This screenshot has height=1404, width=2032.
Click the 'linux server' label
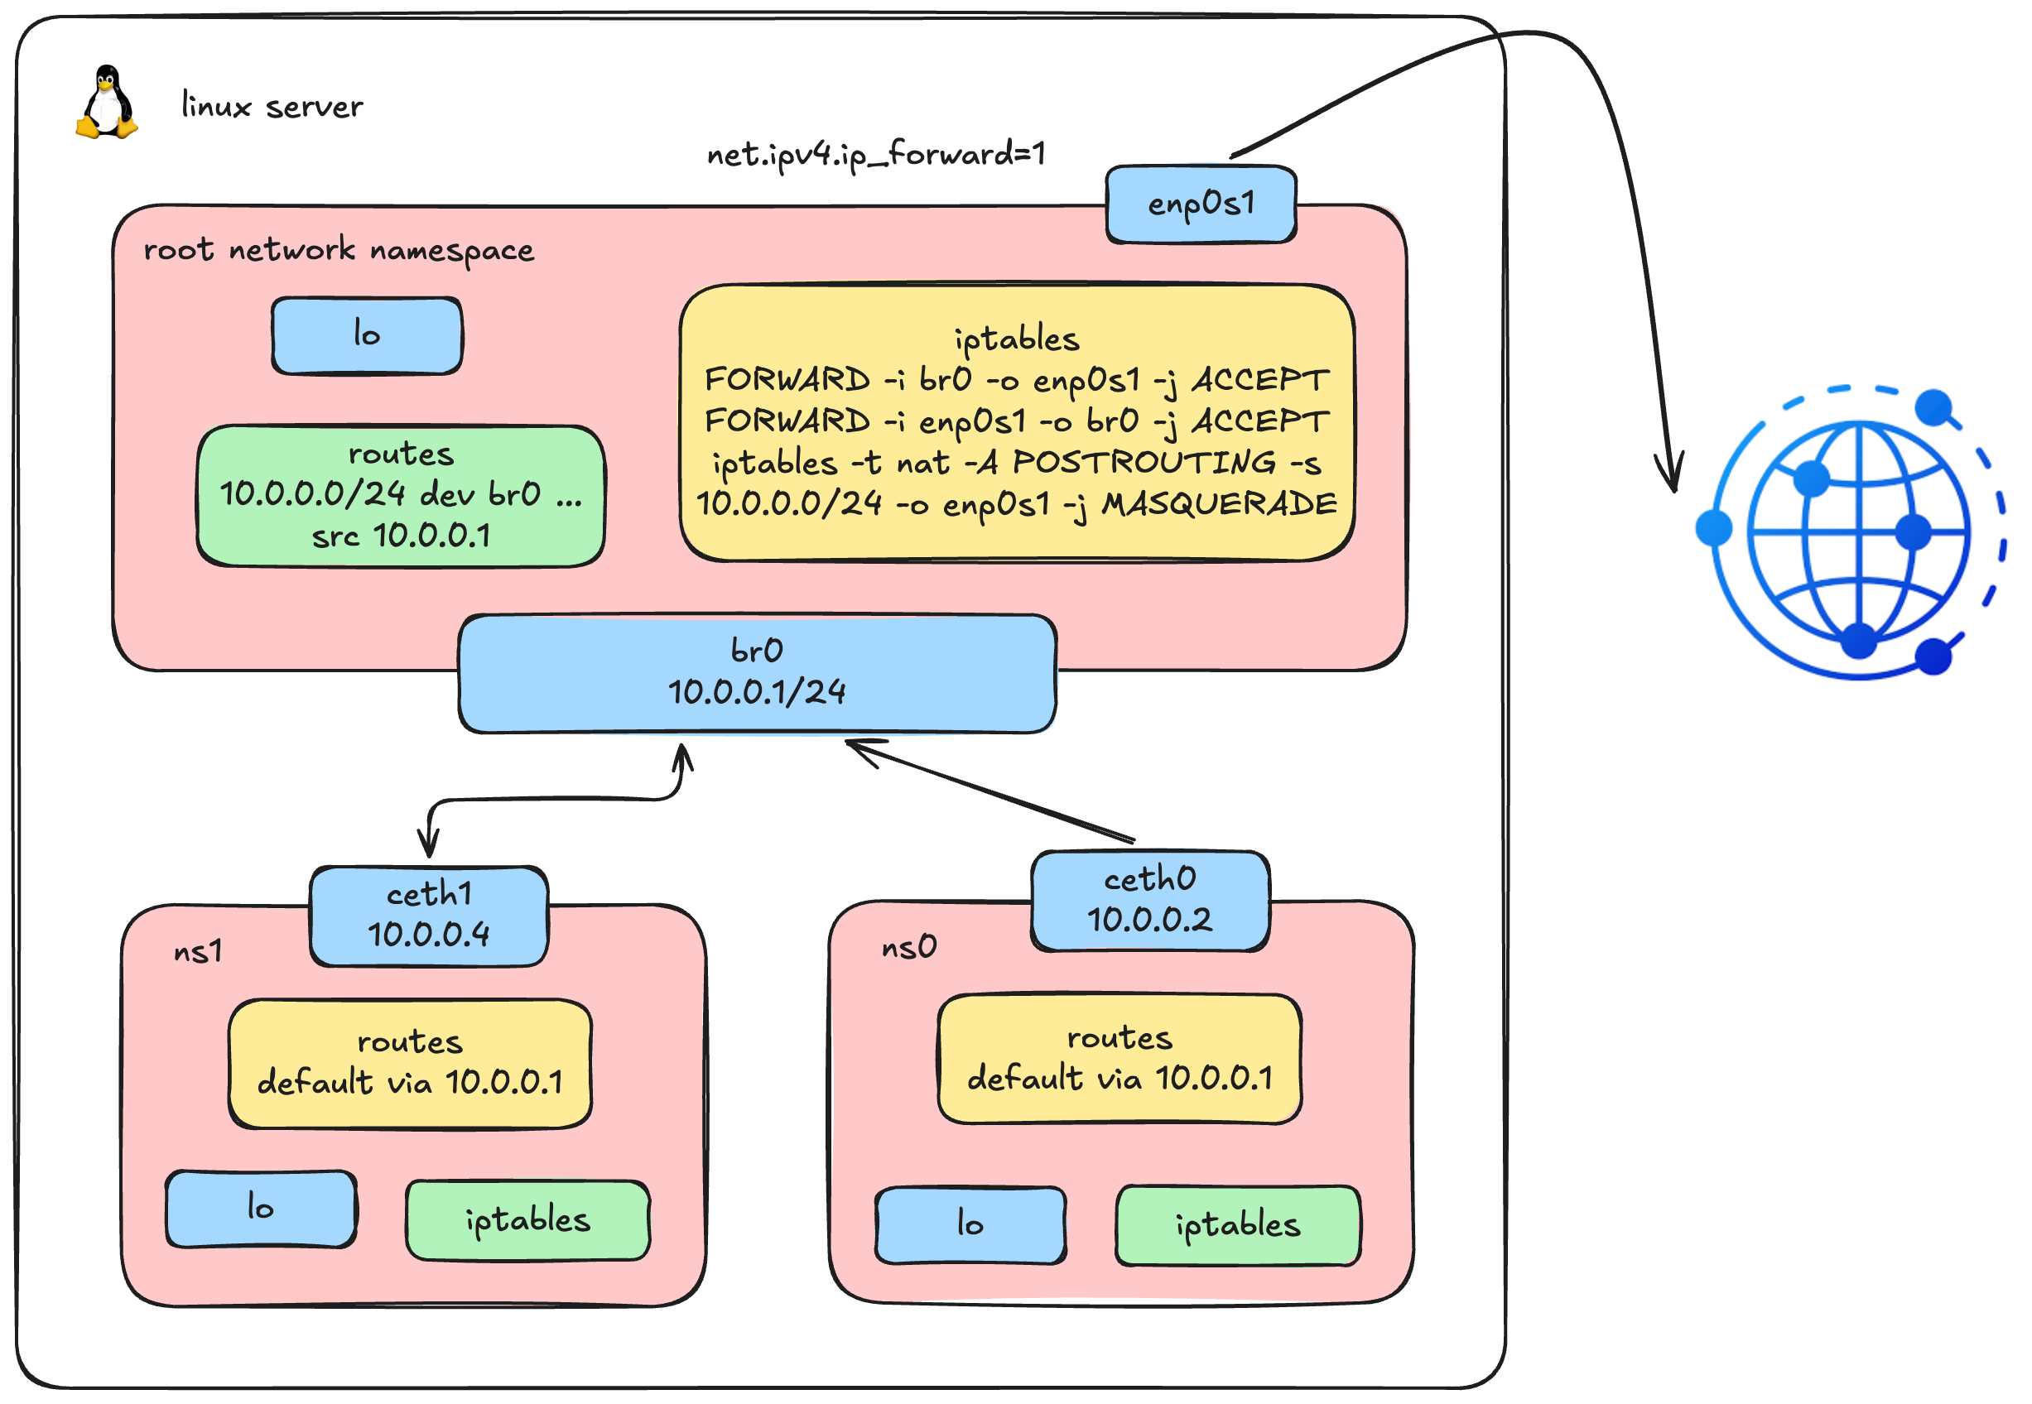pyautogui.click(x=271, y=107)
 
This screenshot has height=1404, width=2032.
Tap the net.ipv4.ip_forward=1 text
pyautogui.click(x=876, y=155)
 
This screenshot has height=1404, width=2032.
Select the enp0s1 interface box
pyautogui.click(x=1201, y=204)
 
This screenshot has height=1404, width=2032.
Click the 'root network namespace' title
pyautogui.click(x=339, y=251)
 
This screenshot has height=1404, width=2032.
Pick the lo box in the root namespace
pyautogui.click(x=367, y=335)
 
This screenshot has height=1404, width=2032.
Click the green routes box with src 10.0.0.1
pyautogui.click(x=401, y=496)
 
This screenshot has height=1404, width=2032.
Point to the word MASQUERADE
pyautogui.click(x=1219, y=505)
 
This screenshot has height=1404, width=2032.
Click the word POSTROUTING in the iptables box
pyautogui.click(x=1144, y=463)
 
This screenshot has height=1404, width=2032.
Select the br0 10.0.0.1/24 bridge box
pyautogui.click(x=758, y=674)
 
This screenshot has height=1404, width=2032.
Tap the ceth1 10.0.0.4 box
pyautogui.click(x=429, y=916)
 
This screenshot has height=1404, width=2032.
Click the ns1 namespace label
pyautogui.click(x=198, y=953)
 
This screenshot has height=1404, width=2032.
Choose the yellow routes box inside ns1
pyautogui.click(x=410, y=1064)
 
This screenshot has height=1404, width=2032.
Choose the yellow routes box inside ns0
pyautogui.click(x=1120, y=1059)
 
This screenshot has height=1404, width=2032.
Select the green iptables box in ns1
pyautogui.click(x=527, y=1221)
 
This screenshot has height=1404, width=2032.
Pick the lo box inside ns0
pyautogui.click(x=970, y=1225)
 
